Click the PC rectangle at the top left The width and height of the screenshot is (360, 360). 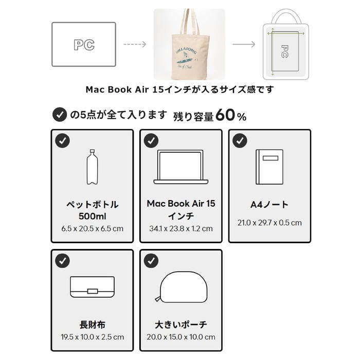83,44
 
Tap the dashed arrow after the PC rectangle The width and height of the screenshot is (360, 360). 135,44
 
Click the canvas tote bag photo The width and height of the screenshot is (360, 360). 189,44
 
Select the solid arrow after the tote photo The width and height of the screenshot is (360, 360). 244,44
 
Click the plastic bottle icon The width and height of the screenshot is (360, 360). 92,167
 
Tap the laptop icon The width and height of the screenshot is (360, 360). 181,168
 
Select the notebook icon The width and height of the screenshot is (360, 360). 269,168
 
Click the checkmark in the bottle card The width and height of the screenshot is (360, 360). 62,140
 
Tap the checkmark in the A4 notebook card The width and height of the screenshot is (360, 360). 239,140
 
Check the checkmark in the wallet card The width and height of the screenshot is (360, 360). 62,261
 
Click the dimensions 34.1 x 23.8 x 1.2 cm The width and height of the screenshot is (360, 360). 181,228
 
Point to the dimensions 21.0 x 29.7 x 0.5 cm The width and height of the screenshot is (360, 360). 269,223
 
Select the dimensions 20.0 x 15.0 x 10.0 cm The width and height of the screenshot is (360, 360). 181,337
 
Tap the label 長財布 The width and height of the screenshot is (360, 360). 92,325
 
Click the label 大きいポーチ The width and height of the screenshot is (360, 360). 181,325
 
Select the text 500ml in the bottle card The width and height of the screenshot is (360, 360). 92,215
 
